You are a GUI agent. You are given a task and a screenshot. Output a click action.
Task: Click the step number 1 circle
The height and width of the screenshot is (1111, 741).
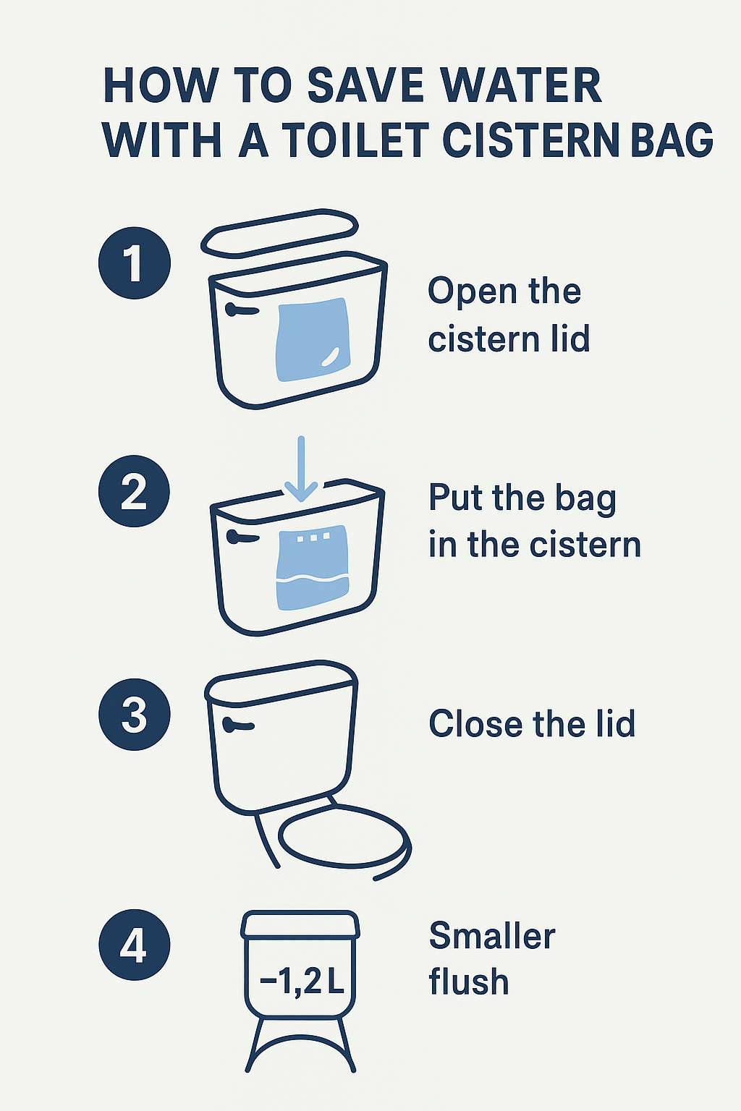[x=135, y=263]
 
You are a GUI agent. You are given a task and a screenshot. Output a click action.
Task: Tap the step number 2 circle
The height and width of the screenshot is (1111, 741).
[x=134, y=491]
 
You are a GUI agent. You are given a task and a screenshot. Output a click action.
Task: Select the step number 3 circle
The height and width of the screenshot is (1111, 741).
[x=135, y=714]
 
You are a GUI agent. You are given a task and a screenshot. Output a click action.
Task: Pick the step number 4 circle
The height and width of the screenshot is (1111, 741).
[x=135, y=945]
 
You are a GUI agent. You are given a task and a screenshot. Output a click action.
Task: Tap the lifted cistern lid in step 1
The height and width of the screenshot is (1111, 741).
[x=280, y=234]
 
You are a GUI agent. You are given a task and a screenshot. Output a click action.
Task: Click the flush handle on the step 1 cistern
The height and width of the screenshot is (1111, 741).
[x=241, y=310]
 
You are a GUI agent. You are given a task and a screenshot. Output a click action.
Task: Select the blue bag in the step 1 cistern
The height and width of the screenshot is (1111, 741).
[x=313, y=339]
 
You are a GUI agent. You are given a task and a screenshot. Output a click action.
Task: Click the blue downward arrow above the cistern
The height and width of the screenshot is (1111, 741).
[x=301, y=469]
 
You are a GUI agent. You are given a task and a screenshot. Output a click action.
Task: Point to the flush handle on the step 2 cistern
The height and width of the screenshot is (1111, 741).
[x=242, y=537]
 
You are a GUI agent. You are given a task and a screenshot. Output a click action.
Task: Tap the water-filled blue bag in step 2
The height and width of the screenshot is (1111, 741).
[x=313, y=567]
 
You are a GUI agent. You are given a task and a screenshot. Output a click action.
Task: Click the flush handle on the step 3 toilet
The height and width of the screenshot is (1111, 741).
[x=238, y=725]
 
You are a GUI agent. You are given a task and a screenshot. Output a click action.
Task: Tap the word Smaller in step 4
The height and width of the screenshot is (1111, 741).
[x=492, y=936]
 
